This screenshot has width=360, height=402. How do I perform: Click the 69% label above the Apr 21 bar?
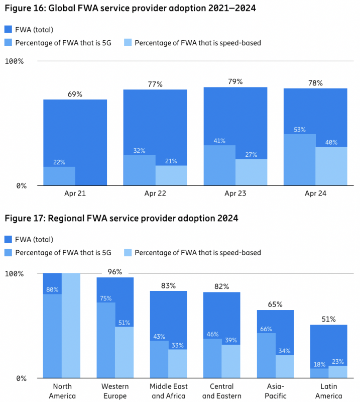point(75,94)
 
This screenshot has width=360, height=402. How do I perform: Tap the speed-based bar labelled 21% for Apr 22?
point(171,175)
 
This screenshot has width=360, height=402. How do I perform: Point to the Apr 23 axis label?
point(235,193)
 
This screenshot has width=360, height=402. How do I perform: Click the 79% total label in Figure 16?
point(235,81)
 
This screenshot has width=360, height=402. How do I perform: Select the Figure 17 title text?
point(121,219)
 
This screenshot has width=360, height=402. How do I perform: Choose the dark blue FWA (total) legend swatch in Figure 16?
point(9,30)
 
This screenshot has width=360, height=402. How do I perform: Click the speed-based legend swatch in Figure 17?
point(128,253)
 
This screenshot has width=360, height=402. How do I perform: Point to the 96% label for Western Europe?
point(115,272)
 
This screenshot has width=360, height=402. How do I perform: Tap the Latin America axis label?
point(328,391)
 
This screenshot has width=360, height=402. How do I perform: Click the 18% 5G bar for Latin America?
point(319,373)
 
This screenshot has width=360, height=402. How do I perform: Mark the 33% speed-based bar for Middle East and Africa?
point(177,363)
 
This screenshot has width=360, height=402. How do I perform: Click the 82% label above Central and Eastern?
point(222,286)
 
